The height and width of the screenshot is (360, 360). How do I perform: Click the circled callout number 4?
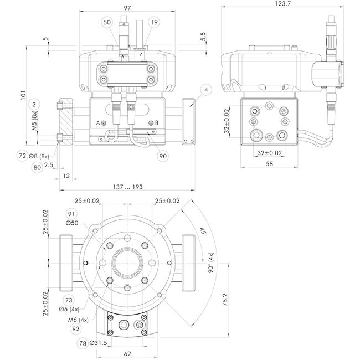pyautogui.click(x=205, y=90)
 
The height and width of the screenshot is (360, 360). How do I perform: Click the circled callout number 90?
pyautogui.click(x=163, y=157)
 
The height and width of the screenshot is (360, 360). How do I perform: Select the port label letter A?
pyautogui.click(x=98, y=122)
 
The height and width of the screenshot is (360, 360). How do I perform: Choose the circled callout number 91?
pyautogui.click(x=71, y=214)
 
